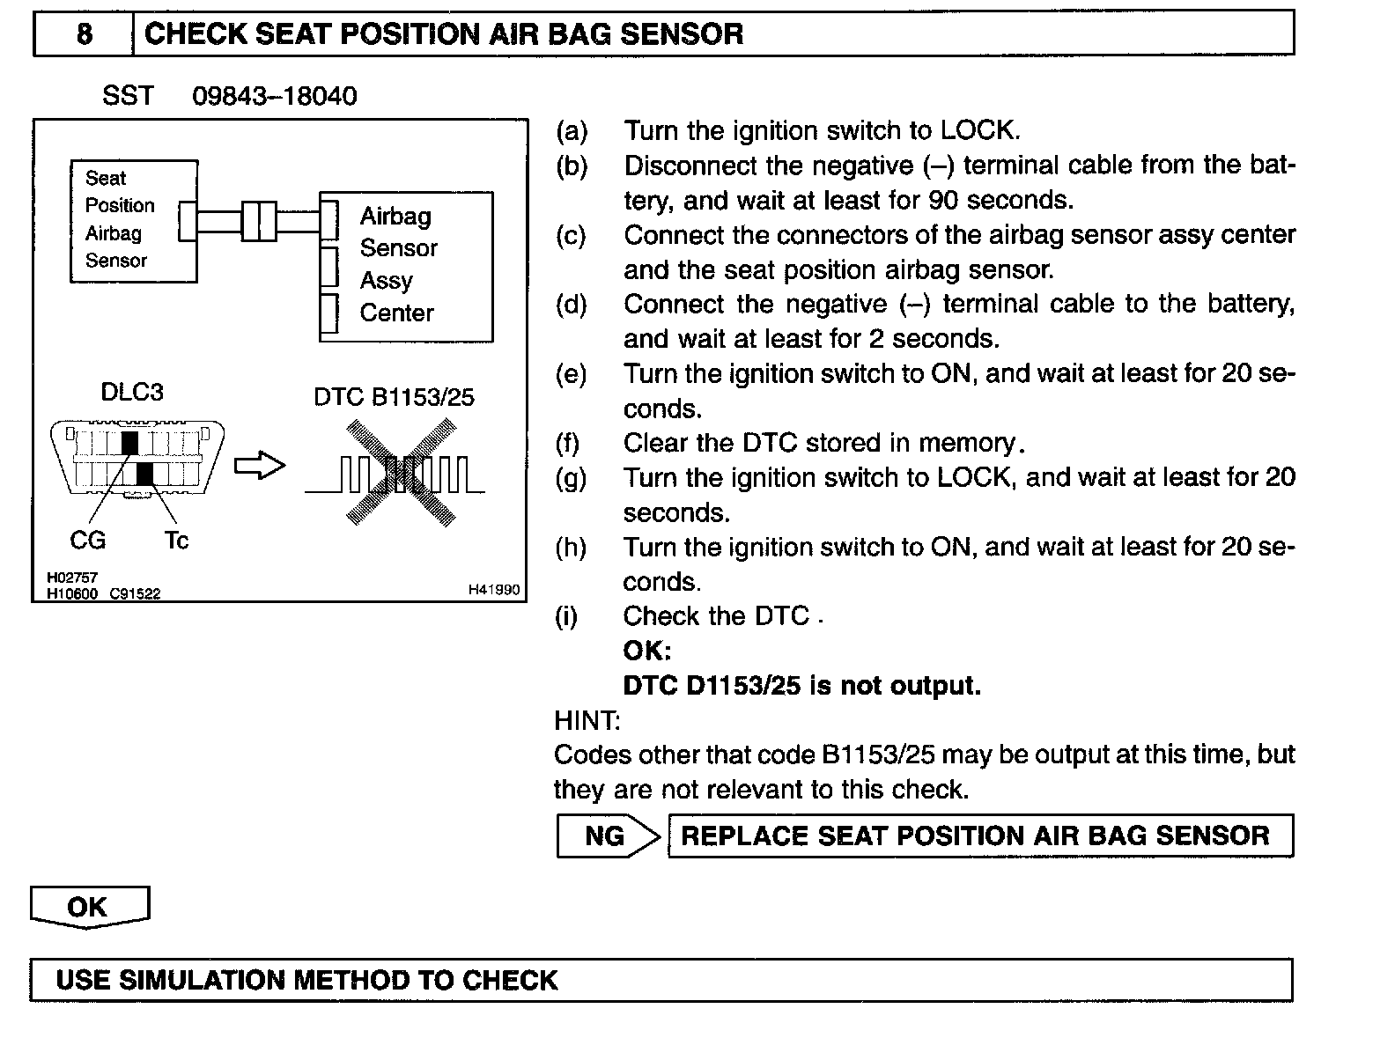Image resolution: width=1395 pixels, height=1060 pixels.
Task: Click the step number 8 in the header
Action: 85,34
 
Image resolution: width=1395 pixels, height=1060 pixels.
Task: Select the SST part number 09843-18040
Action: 274,96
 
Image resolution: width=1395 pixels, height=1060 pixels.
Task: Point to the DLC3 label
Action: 132,392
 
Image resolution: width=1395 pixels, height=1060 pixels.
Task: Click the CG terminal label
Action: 87,540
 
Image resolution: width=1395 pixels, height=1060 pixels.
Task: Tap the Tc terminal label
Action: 176,540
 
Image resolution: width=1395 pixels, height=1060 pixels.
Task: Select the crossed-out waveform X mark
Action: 401,472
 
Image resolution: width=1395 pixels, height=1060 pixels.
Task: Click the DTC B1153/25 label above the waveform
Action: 394,397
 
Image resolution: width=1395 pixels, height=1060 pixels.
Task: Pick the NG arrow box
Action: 608,835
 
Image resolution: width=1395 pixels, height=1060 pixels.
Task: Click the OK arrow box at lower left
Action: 89,907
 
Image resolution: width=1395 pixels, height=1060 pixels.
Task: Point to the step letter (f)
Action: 570,442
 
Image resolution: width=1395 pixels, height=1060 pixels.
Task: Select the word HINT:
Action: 587,720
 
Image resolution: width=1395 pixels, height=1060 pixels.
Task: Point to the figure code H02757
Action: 72,578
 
